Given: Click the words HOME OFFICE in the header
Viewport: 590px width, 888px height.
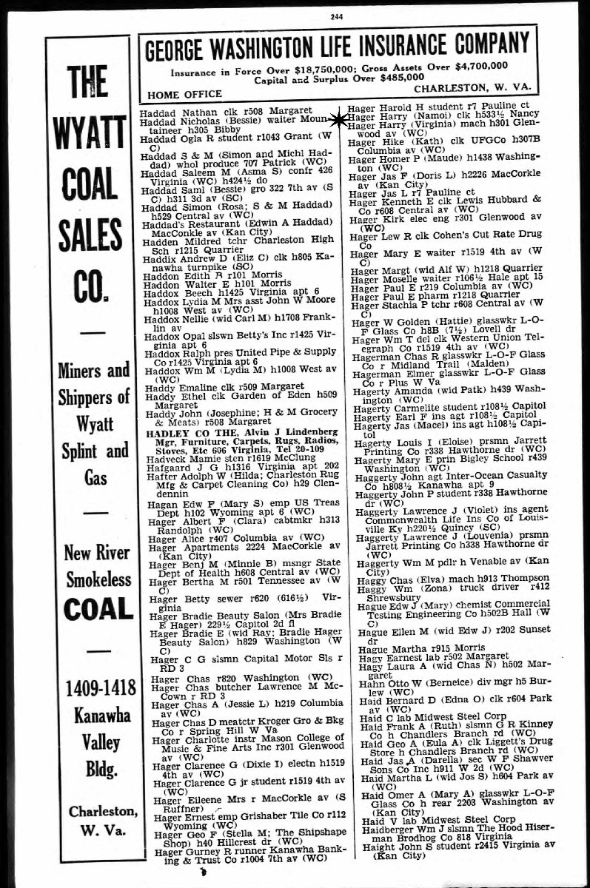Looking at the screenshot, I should pos(184,94).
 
